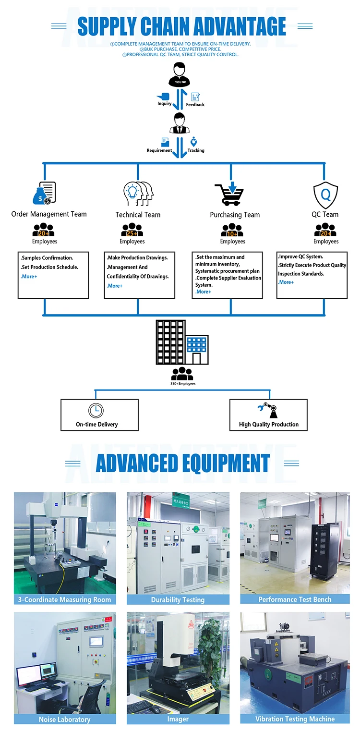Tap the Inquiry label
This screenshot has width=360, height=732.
click(x=165, y=104)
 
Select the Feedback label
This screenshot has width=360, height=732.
click(x=195, y=105)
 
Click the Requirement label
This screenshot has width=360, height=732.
click(x=159, y=150)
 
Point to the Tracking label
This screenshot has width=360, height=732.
click(x=196, y=150)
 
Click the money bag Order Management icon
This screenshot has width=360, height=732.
click(x=43, y=193)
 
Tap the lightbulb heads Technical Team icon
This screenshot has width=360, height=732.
click(x=138, y=194)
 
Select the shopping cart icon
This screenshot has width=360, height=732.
click(x=229, y=193)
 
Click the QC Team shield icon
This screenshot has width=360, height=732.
click(x=325, y=194)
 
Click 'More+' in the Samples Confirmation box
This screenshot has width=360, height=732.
click(x=29, y=277)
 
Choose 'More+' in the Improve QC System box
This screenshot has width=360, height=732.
click(x=286, y=282)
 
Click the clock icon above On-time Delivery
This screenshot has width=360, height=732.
click(x=96, y=411)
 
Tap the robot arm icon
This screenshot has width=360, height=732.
click(x=268, y=411)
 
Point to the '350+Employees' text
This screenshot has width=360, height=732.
click(x=183, y=384)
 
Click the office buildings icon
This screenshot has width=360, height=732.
click(x=182, y=342)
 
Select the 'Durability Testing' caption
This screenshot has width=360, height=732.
click(x=178, y=599)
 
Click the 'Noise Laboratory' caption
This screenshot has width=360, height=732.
click(x=64, y=719)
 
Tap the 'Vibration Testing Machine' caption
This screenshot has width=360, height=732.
click(x=295, y=719)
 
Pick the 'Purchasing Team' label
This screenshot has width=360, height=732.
click(x=235, y=215)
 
